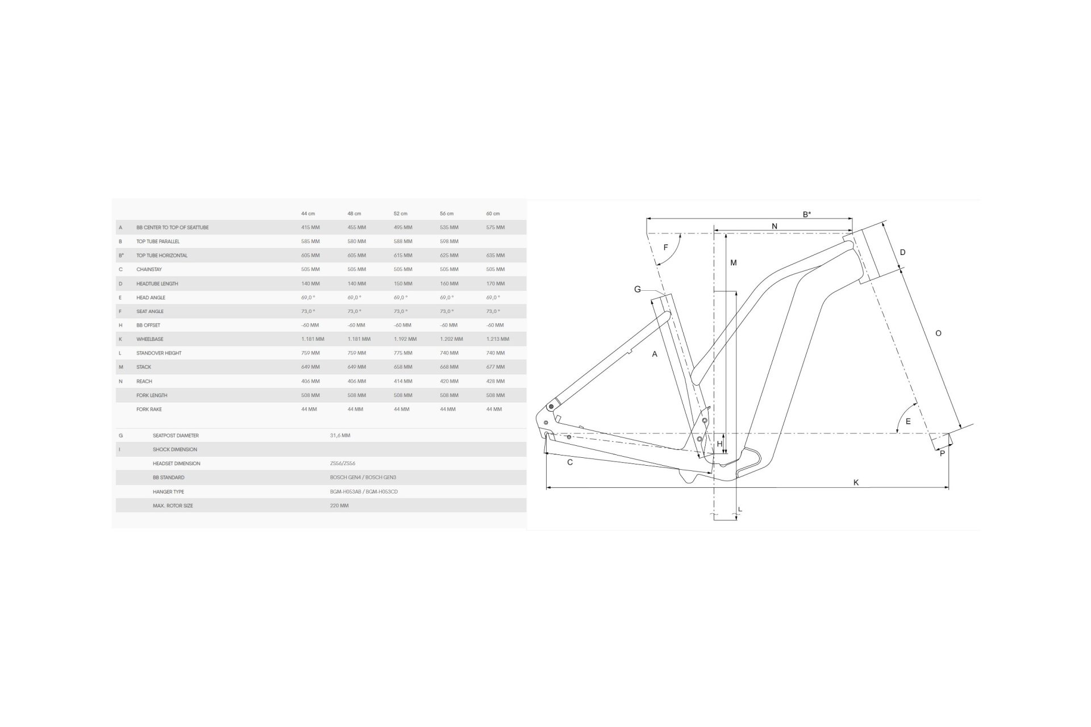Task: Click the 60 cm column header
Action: pos(493,214)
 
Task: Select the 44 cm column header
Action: pos(308,214)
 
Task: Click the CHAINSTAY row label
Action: pos(149,269)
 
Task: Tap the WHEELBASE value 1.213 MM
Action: pos(498,339)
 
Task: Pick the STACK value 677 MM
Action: pos(495,367)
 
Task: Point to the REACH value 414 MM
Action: pos(403,381)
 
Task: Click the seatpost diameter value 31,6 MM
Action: pos(340,436)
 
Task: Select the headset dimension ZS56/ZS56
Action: pos(343,463)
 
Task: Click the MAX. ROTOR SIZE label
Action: pos(173,505)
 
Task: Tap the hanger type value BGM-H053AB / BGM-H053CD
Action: pos(364,491)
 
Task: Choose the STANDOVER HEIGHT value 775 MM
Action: pos(403,353)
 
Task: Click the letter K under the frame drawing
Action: pos(856,483)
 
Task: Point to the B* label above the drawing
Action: pos(807,215)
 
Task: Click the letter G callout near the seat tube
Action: pos(638,290)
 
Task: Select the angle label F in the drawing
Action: pos(666,248)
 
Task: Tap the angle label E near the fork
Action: pos(908,421)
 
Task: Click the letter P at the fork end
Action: pos(942,453)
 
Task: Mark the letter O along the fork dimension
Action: pos(938,333)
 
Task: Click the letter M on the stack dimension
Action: pos(734,263)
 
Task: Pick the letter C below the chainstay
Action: pos(570,462)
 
